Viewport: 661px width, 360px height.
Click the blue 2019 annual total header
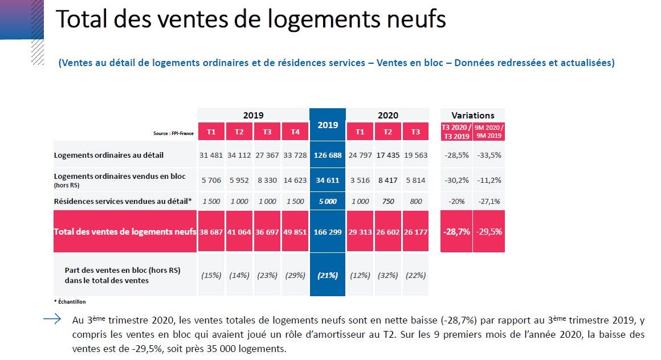tap(328, 125)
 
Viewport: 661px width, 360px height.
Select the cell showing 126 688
tap(328, 155)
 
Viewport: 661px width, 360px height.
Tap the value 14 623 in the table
tap(295, 180)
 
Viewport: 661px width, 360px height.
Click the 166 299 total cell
tap(328, 232)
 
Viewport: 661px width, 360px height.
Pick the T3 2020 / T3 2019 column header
tap(456, 132)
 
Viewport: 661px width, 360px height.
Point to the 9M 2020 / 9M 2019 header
tap(489, 132)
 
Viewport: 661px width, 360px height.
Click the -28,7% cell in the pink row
tap(456, 231)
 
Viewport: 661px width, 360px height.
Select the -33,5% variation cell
tap(489, 155)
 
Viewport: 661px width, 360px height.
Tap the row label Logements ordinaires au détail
tap(109, 155)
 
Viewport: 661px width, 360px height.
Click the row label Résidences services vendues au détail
tap(123, 201)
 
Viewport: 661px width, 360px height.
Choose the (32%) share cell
tap(388, 275)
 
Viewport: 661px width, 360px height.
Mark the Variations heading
tap(472, 115)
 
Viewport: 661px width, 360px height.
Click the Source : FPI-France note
tap(173, 133)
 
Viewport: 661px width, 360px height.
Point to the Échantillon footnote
tap(70, 301)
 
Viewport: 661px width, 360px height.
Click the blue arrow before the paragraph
tap(52, 319)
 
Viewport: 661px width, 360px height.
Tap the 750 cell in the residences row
tap(388, 201)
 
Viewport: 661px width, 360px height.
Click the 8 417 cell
tap(388, 180)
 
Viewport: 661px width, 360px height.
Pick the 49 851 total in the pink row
tap(295, 232)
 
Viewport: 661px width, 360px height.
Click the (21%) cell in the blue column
tap(328, 275)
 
